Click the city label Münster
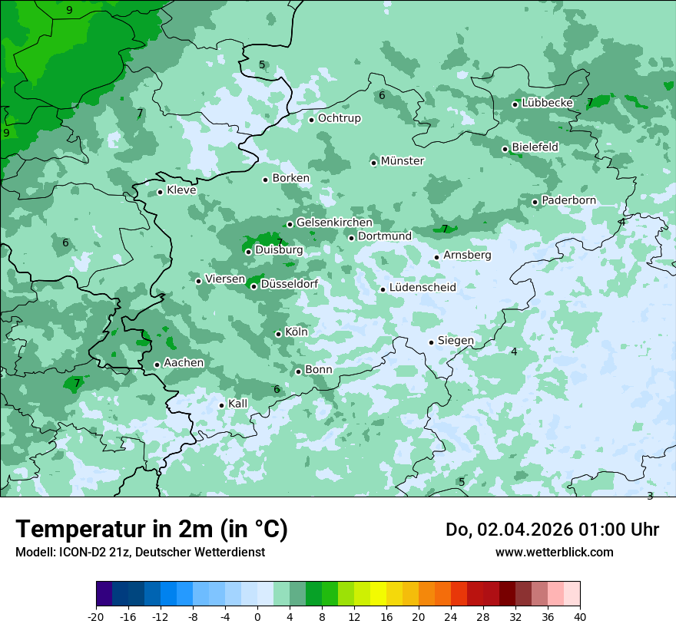click(403, 161)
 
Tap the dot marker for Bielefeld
click(505, 149)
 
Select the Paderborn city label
click(568, 200)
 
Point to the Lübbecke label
click(547, 103)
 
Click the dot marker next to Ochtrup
click(311, 120)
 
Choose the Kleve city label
click(181, 190)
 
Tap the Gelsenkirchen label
click(334, 223)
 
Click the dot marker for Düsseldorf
click(253, 287)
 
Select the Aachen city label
click(184, 363)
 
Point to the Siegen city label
click(456, 341)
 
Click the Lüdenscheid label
click(422, 288)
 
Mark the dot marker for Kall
click(221, 405)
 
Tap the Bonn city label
click(319, 370)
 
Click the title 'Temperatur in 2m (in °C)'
click(151, 530)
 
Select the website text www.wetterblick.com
click(554, 553)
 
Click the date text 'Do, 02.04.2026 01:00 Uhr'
click(552, 530)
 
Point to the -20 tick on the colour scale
click(96, 617)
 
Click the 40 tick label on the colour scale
click(579, 617)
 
